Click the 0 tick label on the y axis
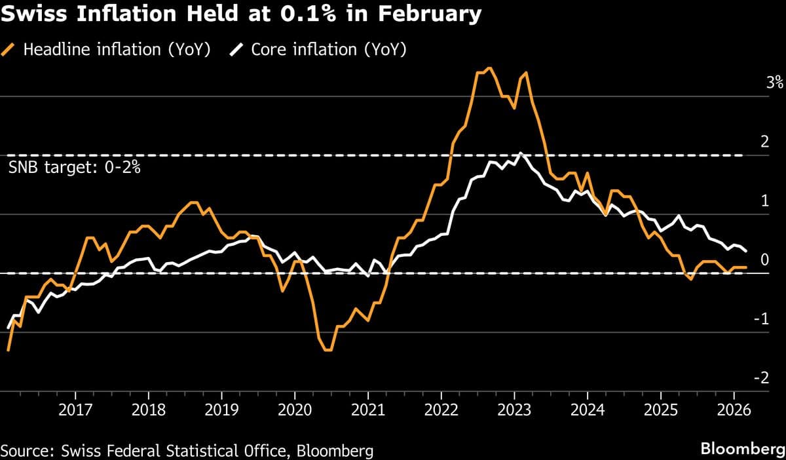point(764,260)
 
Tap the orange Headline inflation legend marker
point(10,50)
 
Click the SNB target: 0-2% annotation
point(75,168)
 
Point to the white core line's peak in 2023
point(520,153)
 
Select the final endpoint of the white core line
point(745,250)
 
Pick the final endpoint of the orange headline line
point(745,267)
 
